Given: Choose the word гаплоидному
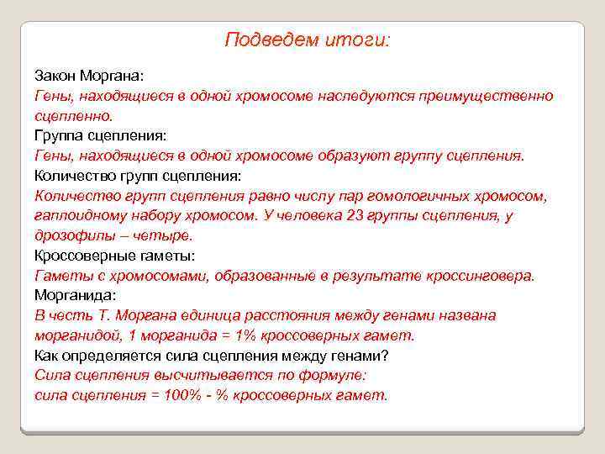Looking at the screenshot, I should tap(75, 216).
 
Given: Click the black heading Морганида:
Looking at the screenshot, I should tap(76, 296).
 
